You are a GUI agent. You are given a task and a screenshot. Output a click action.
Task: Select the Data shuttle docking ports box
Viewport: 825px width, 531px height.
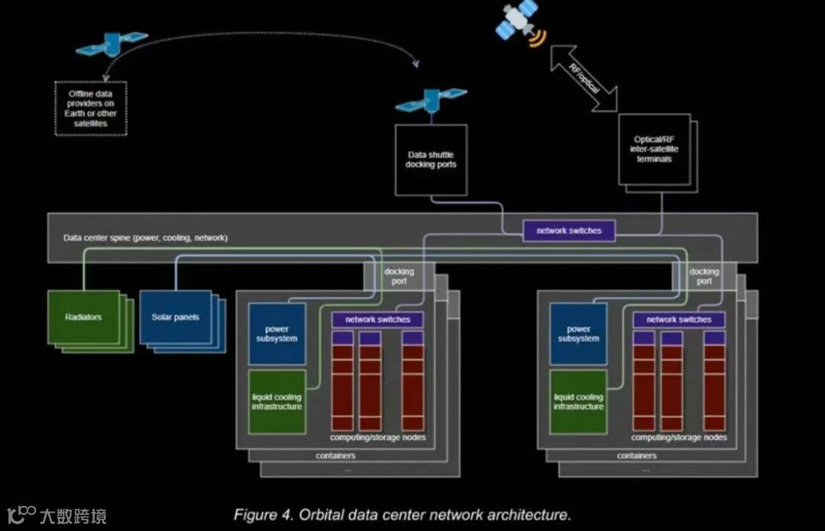pyautogui.click(x=430, y=160)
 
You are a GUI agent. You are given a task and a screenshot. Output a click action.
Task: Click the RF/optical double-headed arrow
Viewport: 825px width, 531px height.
pyautogui.click(x=584, y=77)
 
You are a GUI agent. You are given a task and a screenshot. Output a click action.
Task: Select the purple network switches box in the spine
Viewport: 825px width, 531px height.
pyautogui.click(x=569, y=230)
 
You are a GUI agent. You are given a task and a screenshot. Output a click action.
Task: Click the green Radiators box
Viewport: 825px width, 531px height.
pyautogui.click(x=82, y=317)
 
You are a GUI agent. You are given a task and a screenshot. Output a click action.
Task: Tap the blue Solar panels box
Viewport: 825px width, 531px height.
pyautogui.click(x=175, y=317)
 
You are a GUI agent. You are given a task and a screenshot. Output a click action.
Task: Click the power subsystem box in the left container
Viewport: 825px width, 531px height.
pyautogui.click(x=277, y=334)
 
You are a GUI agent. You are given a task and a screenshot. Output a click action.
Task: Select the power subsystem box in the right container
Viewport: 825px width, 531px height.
pyautogui.click(x=578, y=334)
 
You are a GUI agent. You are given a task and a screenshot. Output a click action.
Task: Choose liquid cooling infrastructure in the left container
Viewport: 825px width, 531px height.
pyautogui.click(x=277, y=402)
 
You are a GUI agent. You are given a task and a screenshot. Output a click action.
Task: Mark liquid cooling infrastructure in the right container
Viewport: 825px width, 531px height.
pyautogui.click(x=578, y=402)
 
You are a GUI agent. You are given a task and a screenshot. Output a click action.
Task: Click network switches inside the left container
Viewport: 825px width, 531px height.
pyautogui.click(x=377, y=320)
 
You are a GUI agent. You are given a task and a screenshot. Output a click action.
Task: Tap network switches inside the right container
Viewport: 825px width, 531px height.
pyautogui.click(x=678, y=320)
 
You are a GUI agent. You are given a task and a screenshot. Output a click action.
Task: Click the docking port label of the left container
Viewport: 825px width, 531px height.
pyautogui.click(x=399, y=276)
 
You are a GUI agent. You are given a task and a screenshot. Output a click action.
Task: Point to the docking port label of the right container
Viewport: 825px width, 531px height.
pyautogui.click(x=704, y=276)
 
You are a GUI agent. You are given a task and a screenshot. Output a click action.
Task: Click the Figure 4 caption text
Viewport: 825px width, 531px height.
pyautogui.click(x=403, y=514)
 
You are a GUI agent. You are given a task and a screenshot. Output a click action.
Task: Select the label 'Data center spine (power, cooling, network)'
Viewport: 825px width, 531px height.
pyautogui.click(x=145, y=238)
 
